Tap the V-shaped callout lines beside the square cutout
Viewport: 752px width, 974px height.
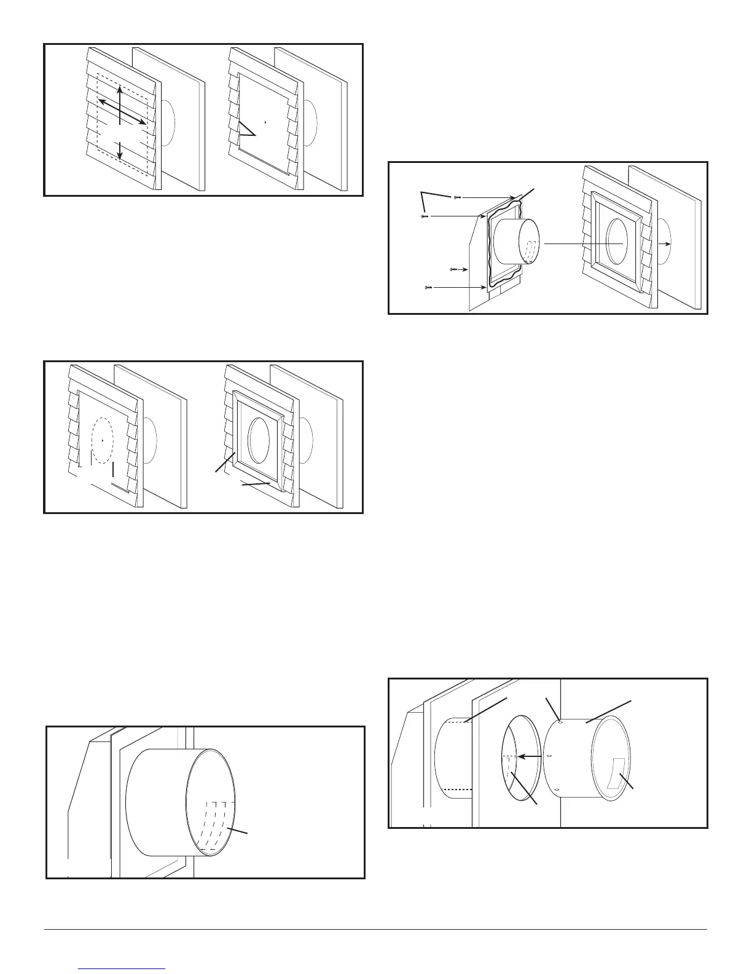(x=246, y=129)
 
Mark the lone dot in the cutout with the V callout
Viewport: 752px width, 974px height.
(x=265, y=122)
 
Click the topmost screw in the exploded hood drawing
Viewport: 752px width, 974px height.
(x=456, y=197)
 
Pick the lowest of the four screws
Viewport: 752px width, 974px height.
(x=428, y=287)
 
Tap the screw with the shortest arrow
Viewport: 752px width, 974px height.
(x=453, y=269)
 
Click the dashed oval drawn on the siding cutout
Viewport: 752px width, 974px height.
(x=102, y=441)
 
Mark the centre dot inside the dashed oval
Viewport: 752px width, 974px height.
(x=102, y=440)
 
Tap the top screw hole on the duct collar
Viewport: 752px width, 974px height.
(x=558, y=722)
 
